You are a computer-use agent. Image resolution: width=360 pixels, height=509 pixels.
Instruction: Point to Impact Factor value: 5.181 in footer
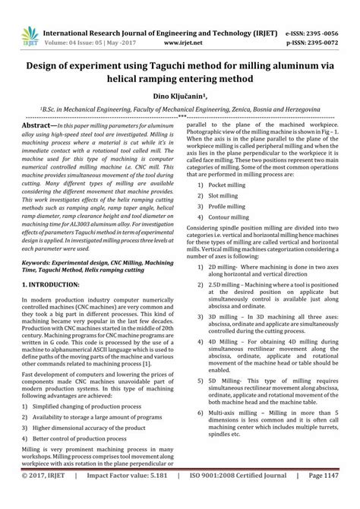(133, 498)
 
